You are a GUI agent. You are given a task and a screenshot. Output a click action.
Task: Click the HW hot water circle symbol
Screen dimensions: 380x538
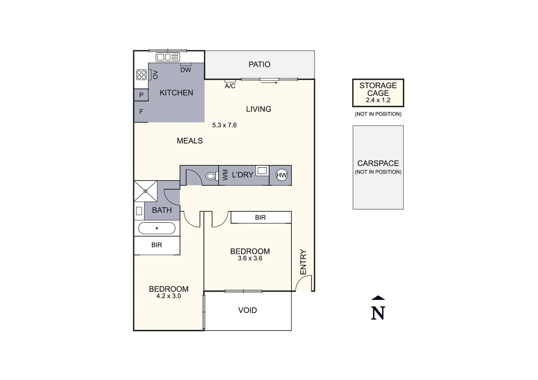pos(281,175)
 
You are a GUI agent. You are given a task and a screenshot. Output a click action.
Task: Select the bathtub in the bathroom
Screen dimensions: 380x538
pos(157,228)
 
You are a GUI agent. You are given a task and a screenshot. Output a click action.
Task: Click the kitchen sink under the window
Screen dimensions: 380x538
pos(168,57)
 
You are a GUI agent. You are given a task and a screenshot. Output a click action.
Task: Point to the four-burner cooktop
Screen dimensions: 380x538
pos(141,75)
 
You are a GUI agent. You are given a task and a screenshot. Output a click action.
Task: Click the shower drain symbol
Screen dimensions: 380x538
pos(146,191)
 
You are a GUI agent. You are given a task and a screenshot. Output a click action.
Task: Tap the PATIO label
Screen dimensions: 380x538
pos(259,64)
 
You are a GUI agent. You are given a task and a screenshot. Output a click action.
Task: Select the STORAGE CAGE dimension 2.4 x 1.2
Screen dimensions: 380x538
pos(378,100)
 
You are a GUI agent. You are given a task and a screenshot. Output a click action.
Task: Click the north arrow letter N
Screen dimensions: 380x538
pos(378,313)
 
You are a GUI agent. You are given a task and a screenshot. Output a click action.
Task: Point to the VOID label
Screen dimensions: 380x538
pos(247,310)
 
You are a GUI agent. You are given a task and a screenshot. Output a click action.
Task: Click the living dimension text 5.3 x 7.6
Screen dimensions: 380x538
pos(224,125)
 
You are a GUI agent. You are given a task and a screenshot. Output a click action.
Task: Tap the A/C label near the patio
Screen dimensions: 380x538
pos(230,86)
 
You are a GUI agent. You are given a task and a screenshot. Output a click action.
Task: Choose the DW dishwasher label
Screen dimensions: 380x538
pos(186,70)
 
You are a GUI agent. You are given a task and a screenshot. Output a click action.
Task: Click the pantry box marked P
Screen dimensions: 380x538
pos(141,95)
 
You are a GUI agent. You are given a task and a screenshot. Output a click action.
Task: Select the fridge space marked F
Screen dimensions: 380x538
pos(141,112)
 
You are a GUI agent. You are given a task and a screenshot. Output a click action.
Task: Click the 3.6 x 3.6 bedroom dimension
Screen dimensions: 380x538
pos(250,259)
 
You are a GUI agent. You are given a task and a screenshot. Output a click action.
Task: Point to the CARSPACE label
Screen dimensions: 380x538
pos(378,163)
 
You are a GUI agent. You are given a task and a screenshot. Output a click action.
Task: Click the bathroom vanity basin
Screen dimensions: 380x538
pos(139,211)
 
